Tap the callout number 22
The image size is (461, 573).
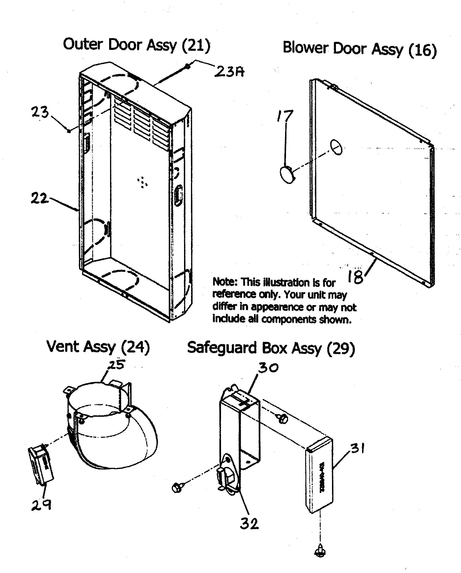pos(39,198)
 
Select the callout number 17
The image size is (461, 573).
pos(285,116)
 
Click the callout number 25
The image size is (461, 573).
pos(117,365)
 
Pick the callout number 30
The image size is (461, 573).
pos(268,368)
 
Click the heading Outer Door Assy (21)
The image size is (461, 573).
pos(137,45)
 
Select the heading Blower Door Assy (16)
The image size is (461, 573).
pos(360,49)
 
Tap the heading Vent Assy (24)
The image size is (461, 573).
pos(98,347)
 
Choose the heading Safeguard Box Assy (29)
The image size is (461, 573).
pos(271,348)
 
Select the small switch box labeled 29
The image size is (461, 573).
pos(41,464)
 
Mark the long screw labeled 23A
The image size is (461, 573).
pos(173,74)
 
